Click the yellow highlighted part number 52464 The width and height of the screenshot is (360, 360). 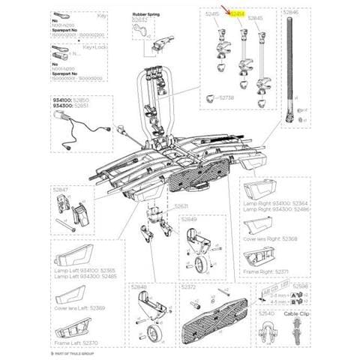[238, 14]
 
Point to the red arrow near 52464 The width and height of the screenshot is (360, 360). [227, 9]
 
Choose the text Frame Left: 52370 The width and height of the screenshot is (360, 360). [73, 343]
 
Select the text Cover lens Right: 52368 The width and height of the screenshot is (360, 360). [271, 238]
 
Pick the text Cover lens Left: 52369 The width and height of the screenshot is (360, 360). [75, 307]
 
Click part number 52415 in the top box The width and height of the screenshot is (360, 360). [213, 14]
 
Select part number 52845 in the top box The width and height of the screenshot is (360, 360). [257, 14]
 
